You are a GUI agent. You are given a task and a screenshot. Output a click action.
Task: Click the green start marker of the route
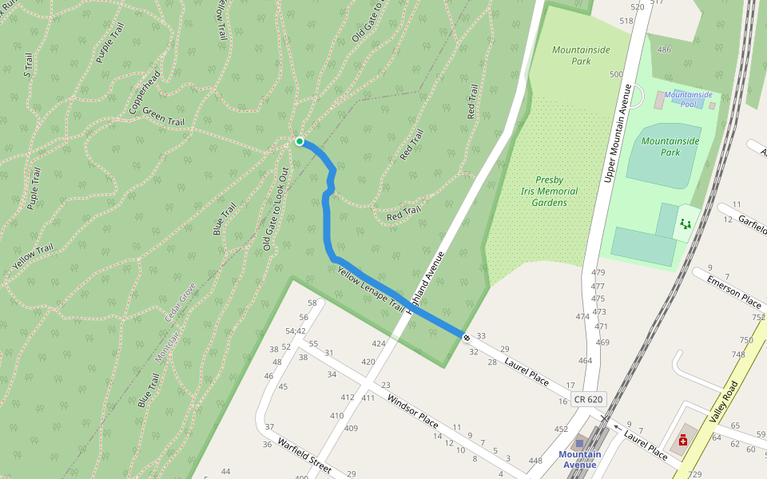300,141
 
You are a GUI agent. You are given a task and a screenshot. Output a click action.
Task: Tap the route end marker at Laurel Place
467,337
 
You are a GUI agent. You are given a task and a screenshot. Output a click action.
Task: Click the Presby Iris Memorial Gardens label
550,192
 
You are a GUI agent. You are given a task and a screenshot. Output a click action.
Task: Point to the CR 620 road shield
588,399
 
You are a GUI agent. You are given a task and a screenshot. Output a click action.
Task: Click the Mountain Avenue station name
580,460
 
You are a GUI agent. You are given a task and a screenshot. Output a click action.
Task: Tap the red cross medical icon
683,440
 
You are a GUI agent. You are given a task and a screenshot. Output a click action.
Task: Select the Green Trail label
164,117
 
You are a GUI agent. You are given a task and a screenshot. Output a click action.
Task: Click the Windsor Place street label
412,409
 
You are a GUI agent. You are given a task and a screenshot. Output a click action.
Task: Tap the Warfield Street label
304,456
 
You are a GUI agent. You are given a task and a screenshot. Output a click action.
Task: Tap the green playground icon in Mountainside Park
685,224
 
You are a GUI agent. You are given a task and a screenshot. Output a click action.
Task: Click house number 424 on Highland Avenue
378,344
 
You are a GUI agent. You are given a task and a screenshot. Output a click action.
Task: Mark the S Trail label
28,65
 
